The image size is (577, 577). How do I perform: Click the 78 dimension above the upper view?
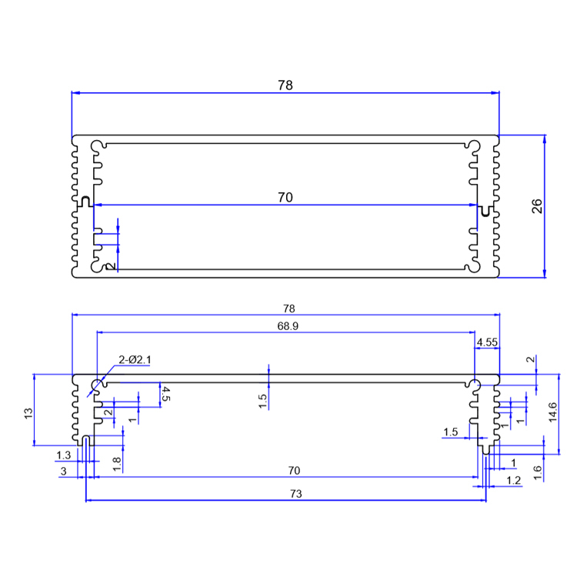click(x=285, y=85)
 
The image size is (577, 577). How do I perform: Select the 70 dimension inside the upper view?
click(x=285, y=198)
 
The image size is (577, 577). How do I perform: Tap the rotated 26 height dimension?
click(x=537, y=206)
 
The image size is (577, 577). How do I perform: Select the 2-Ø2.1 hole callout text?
click(x=136, y=360)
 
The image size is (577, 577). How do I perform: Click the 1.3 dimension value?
click(x=63, y=455)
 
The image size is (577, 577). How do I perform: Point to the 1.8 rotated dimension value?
click(x=116, y=463)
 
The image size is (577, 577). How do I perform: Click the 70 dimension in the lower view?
click(x=285, y=470)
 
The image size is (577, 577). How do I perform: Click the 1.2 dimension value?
click(x=514, y=480)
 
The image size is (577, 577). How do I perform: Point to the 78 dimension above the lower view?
click(x=285, y=308)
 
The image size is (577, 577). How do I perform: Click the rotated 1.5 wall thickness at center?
click(x=263, y=400)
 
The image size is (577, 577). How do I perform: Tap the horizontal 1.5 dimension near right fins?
click(x=451, y=433)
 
